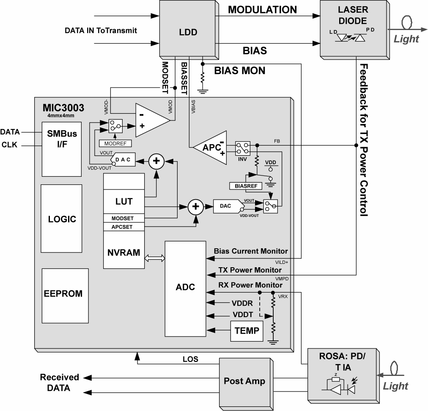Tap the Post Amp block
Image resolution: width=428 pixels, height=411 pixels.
244,381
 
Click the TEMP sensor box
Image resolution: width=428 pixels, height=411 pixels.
247,330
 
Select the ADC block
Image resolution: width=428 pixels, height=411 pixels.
185,287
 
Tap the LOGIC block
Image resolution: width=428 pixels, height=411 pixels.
62,219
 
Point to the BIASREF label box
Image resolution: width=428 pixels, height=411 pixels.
245,186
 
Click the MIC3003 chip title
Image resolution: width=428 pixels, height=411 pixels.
63,108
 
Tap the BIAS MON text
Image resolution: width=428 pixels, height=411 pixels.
240,71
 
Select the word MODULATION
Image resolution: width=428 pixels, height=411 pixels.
263,9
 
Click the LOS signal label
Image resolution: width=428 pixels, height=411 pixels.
190,359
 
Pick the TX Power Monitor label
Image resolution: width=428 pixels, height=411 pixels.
250,270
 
